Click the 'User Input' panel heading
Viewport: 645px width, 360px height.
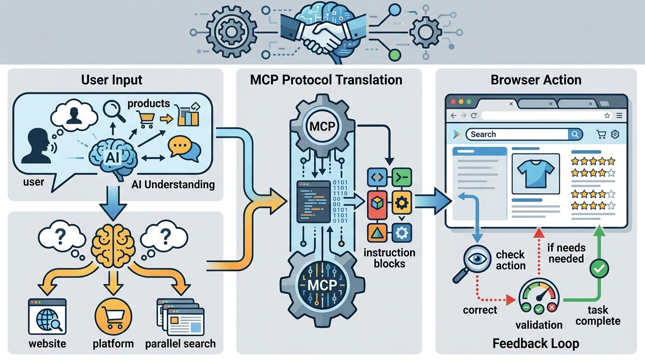coord(112,80)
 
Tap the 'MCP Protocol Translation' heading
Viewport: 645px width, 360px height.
coord(326,80)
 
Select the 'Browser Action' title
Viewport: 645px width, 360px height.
coord(536,80)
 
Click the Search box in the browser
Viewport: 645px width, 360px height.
coord(518,135)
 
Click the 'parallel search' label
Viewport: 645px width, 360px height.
coord(180,344)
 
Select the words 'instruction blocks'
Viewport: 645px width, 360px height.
coord(390,258)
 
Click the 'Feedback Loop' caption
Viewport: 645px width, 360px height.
coord(536,344)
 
